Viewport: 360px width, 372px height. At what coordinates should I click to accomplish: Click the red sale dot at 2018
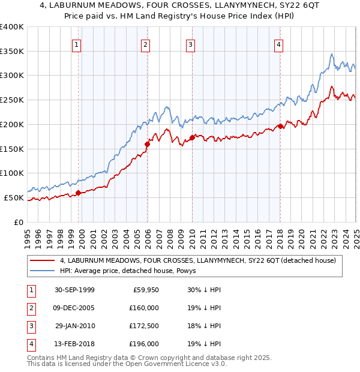click(x=280, y=126)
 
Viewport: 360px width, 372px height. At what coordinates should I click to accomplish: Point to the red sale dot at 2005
click(x=147, y=144)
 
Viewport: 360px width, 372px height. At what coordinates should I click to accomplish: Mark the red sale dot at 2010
click(x=192, y=137)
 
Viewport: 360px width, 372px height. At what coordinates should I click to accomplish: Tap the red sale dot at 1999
click(x=79, y=193)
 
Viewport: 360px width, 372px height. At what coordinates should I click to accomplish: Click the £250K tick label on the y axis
click(x=12, y=100)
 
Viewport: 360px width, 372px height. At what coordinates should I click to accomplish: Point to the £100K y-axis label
click(x=12, y=173)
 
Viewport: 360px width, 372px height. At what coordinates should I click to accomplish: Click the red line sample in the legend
click(x=43, y=260)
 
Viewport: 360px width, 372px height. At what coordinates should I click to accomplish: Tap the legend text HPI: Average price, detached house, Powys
click(x=132, y=271)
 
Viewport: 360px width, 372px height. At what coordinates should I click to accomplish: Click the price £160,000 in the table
click(x=144, y=308)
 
